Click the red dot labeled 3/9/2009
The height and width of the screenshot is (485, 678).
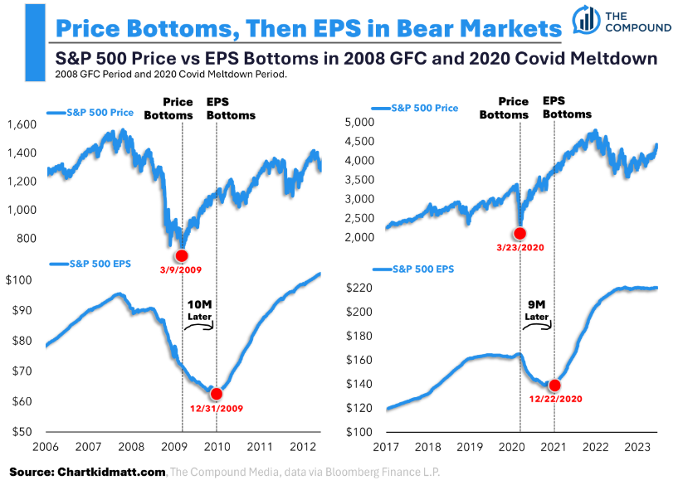pos(182,255)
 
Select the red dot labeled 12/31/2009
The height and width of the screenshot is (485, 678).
pos(217,395)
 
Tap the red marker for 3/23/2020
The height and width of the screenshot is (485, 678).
pos(520,234)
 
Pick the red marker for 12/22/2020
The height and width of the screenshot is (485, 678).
pos(555,385)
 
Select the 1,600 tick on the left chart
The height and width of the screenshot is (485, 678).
pos(24,124)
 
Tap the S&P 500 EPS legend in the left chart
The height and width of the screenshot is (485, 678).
pos(94,264)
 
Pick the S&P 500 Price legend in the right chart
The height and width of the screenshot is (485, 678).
pos(424,108)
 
